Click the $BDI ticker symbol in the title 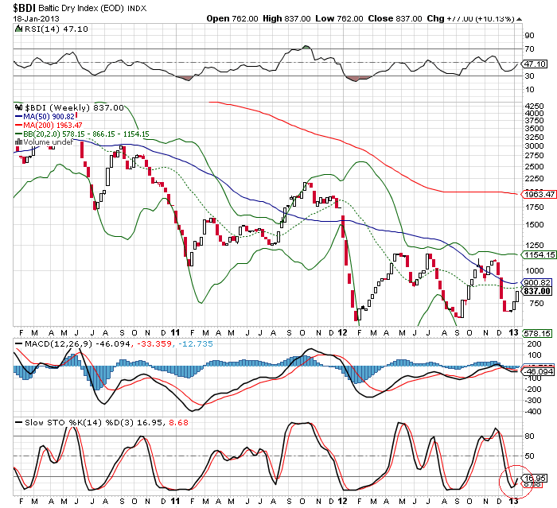click(x=22, y=7)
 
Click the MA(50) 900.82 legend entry click(x=53, y=116)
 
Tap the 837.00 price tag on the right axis click(x=532, y=291)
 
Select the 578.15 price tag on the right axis click(x=532, y=333)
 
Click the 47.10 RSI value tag click(x=532, y=63)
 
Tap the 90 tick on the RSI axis click(x=527, y=36)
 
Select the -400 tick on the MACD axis click(x=528, y=412)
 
